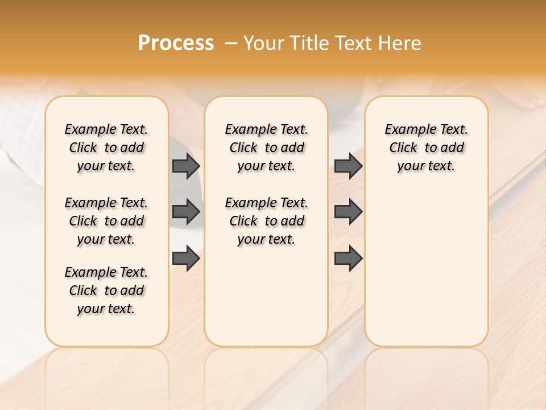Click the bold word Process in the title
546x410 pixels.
[x=176, y=43]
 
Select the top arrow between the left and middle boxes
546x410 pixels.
[x=186, y=166]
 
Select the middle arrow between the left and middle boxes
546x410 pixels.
[x=186, y=212]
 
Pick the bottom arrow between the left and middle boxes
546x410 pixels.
[x=186, y=259]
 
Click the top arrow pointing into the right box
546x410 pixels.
[x=349, y=166]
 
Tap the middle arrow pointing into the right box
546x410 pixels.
[x=349, y=212]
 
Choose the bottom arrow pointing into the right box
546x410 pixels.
[x=349, y=259]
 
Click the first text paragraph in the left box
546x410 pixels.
[x=106, y=147]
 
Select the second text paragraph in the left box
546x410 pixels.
[x=106, y=221]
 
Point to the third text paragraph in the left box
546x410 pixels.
[x=106, y=290]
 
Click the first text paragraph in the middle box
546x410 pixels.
[x=266, y=147]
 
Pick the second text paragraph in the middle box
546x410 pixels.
[x=266, y=221]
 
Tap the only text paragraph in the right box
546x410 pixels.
[x=426, y=147]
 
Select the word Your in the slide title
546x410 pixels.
[x=263, y=43]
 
